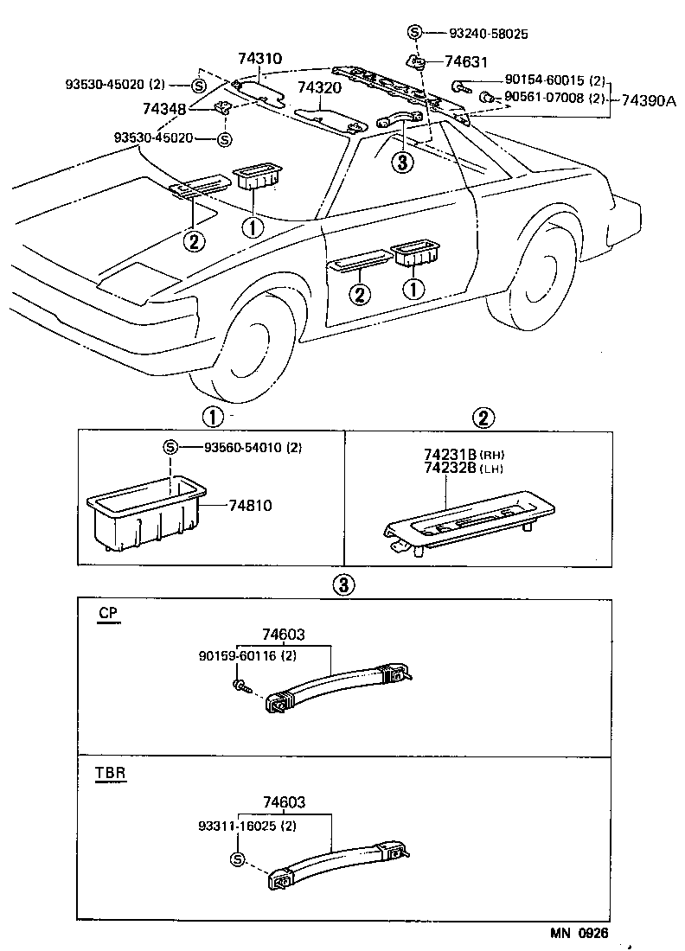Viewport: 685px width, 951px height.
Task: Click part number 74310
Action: pyautogui.click(x=259, y=60)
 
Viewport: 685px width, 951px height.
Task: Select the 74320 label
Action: pyautogui.click(x=319, y=88)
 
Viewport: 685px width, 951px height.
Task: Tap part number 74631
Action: pyautogui.click(x=466, y=61)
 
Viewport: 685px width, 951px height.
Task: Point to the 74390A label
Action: pyautogui.click(x=650, y=101)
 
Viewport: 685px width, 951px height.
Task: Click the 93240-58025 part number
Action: pyautogui.click(x=489, y=34)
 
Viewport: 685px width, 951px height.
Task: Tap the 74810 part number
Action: pyautogui.click(x=251, y=505)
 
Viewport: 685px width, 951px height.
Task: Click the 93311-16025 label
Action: pyautogui.click(x=241, y=827)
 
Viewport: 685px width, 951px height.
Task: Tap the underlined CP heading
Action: pyautogui.click(x=107, y=614)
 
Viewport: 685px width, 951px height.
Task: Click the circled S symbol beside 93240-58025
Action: pyautogui.click(x=414, y=34)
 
